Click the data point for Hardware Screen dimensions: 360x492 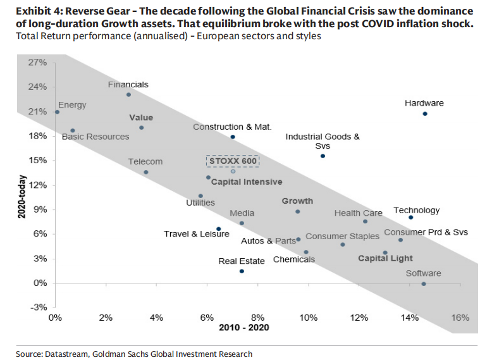pos(425,114)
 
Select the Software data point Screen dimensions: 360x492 pos(424,284)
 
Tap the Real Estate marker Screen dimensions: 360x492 pos(242,271)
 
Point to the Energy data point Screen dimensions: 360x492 pos(58,112)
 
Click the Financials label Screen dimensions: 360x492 pos(128,84)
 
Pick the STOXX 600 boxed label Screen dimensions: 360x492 pos(233,160)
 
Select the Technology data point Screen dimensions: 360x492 pos(410,218)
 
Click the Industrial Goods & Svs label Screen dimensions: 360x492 pos(323,140)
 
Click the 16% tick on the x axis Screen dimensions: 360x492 pos(460,317)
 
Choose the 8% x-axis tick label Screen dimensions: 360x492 pos(257,317)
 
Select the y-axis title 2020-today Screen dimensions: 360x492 pos(21,197)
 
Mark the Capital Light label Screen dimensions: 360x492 pos(385,258)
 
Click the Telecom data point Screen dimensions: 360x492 pos(145,172)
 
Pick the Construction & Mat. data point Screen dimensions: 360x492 pos(233,137)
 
